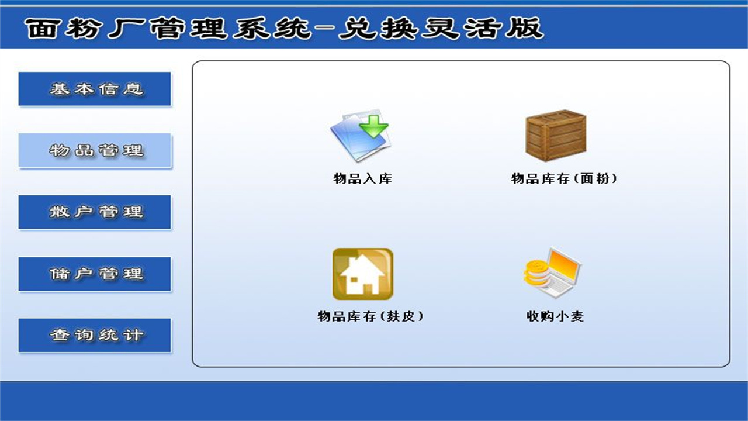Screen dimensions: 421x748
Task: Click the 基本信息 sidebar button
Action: point(95,89)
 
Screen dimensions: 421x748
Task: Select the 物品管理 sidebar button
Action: point(95,151)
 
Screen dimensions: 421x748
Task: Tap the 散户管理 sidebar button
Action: point(95,212)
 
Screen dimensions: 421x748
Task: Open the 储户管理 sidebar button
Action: point(95,274)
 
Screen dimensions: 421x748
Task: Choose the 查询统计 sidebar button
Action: point(95,335)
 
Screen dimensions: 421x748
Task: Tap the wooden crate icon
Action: point(555,134)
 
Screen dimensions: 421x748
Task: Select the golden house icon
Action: point(362,274)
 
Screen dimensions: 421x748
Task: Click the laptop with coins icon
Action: point(553,274)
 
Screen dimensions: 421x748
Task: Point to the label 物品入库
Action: point(362,179)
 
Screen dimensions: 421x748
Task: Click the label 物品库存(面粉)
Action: point(564,179)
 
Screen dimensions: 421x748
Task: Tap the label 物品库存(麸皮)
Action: point(370,316)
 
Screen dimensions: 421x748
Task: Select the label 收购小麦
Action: point(555,316)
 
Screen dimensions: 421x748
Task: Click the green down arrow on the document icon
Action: point(373,125)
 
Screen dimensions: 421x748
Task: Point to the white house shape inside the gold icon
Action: point(362,276)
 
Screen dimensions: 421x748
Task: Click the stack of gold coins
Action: point(535,273)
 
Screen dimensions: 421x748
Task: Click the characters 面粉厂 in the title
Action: point(82,28)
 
